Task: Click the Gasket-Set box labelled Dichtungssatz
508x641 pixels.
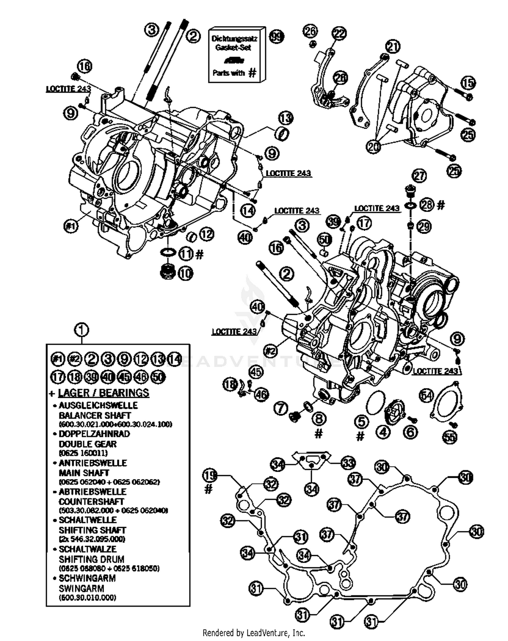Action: point(236,54)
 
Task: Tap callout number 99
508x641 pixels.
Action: point(277,37)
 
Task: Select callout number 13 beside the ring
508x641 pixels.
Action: point(285,118)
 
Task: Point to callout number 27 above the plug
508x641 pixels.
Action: point(419,176)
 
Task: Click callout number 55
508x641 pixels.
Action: point(450,437)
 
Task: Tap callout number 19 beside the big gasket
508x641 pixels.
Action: point(210,475)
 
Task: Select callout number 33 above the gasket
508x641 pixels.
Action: point(348,463)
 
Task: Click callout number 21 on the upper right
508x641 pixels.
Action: point(393,47)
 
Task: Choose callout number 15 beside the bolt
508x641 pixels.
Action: point(468,83)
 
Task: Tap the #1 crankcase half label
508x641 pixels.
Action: point(71,226)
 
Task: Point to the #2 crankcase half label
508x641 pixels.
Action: point(270,351)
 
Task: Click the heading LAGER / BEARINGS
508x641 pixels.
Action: point(103,393)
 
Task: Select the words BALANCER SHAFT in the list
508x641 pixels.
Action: point(94,415)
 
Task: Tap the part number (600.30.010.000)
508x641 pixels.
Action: point(87,598)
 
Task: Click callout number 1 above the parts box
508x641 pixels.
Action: point(82,329)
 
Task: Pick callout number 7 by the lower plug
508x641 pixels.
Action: point(281,408)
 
